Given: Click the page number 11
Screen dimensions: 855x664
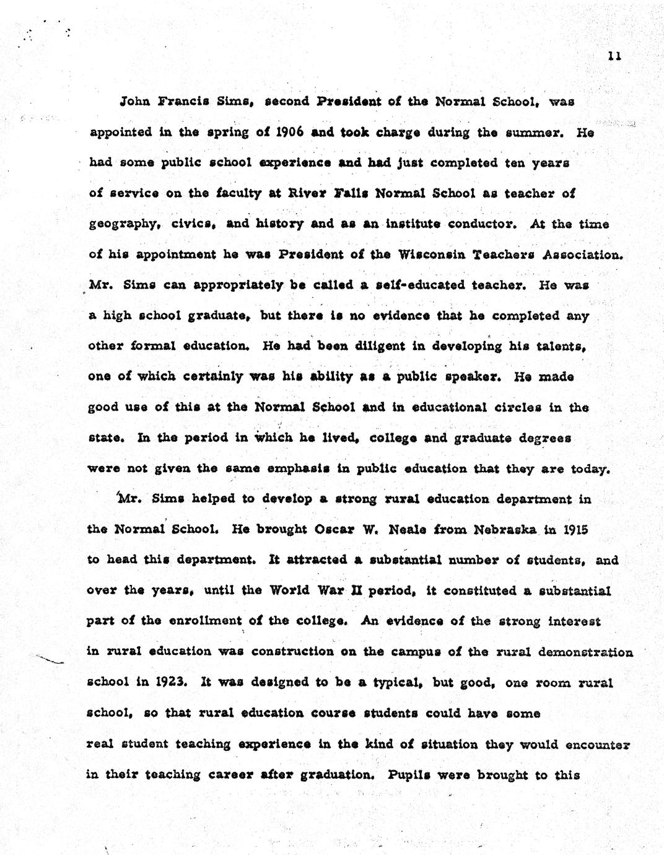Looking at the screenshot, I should tap(614, 56).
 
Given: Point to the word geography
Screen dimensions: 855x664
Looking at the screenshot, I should tap(121, 224).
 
